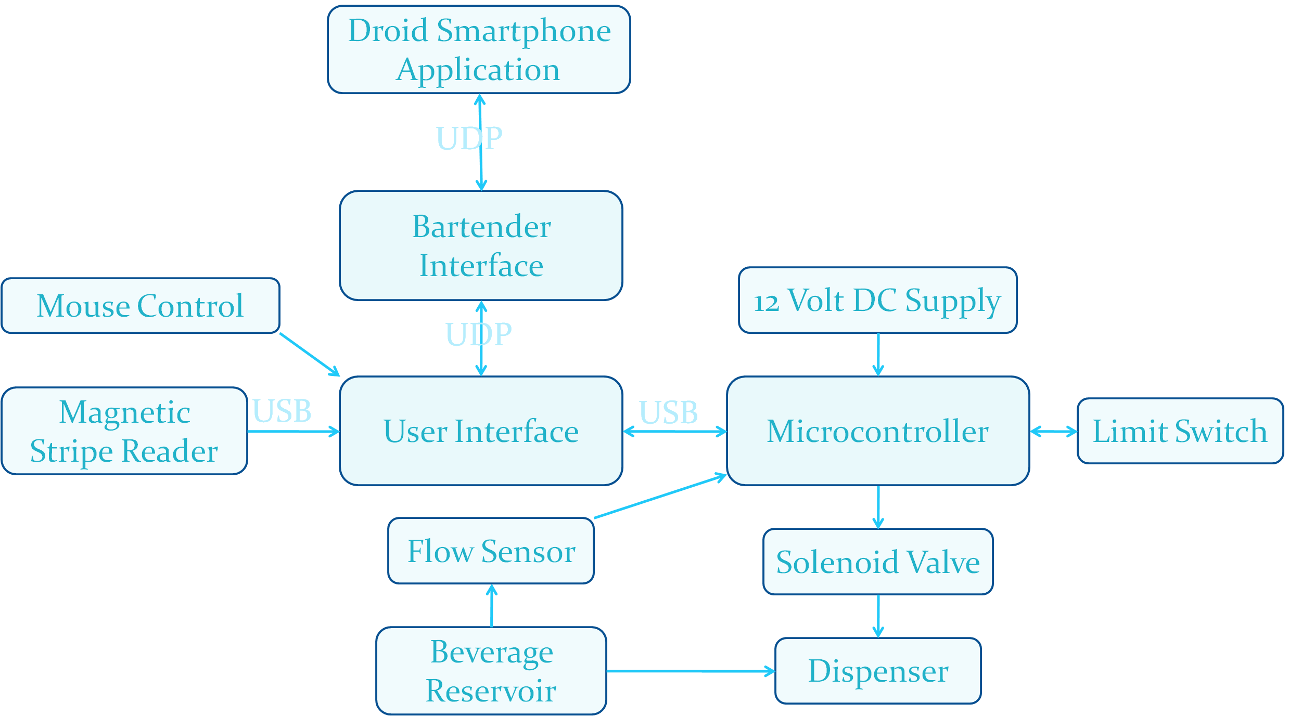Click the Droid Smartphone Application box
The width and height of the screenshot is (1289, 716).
click(479, 50)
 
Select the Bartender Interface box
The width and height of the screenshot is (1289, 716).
click(481, 245)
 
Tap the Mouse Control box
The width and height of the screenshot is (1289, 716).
click(141, 306)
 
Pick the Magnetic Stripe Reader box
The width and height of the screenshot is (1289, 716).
click(124, 431)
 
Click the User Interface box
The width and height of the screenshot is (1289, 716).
click(481, 431)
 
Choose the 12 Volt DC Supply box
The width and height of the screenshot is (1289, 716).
click(877, 301)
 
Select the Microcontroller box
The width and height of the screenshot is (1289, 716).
click(877, 431)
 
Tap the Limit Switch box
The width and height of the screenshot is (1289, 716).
click(1179, 431)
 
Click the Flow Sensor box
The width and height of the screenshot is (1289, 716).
click(491, 551)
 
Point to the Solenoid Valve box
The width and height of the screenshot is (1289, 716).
click(877, 562)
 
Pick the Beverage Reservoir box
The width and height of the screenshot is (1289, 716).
click(491, 671)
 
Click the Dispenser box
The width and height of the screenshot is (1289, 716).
click(877, 671)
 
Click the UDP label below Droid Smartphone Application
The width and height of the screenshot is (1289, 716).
click(469, 138)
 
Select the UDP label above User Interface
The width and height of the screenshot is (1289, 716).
click(478, 334)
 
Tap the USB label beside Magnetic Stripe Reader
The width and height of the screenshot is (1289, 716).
click(282, 411)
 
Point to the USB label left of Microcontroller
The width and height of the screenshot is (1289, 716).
click(668, 412)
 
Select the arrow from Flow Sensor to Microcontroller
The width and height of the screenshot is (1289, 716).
click(660, 497)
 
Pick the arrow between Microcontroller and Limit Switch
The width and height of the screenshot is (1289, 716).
click(1053, 432)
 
